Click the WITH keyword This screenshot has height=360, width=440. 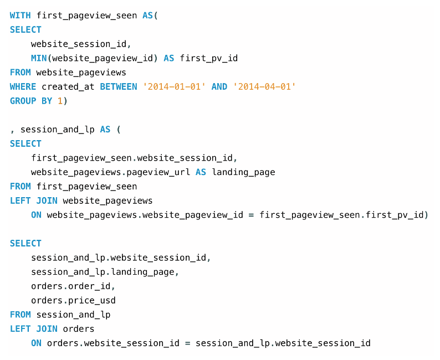(x=21, y=16)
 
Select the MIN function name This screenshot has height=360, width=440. (x=39, y=58)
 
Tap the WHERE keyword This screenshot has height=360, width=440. (x=23, y=87)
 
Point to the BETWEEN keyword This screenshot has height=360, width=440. (x=119, y=87)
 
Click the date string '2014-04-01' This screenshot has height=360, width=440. (x=264, y=87)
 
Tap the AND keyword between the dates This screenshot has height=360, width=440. (x=219, y=87)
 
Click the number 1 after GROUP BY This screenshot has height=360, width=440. (x=60, y=101)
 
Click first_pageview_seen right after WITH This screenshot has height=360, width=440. (x=86, y=16)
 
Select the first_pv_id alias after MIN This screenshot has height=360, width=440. (x=208, y=58)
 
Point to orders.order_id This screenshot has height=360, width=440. (x=73, y=286)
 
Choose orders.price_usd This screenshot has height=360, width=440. (x=73, y=301)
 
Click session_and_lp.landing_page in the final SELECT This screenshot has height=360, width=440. (x=105, y=272)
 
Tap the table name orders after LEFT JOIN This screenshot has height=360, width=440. (x=79, y=329)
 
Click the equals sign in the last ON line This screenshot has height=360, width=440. (x=188, y=343)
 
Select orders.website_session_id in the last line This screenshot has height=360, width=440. (x=113, y=343)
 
